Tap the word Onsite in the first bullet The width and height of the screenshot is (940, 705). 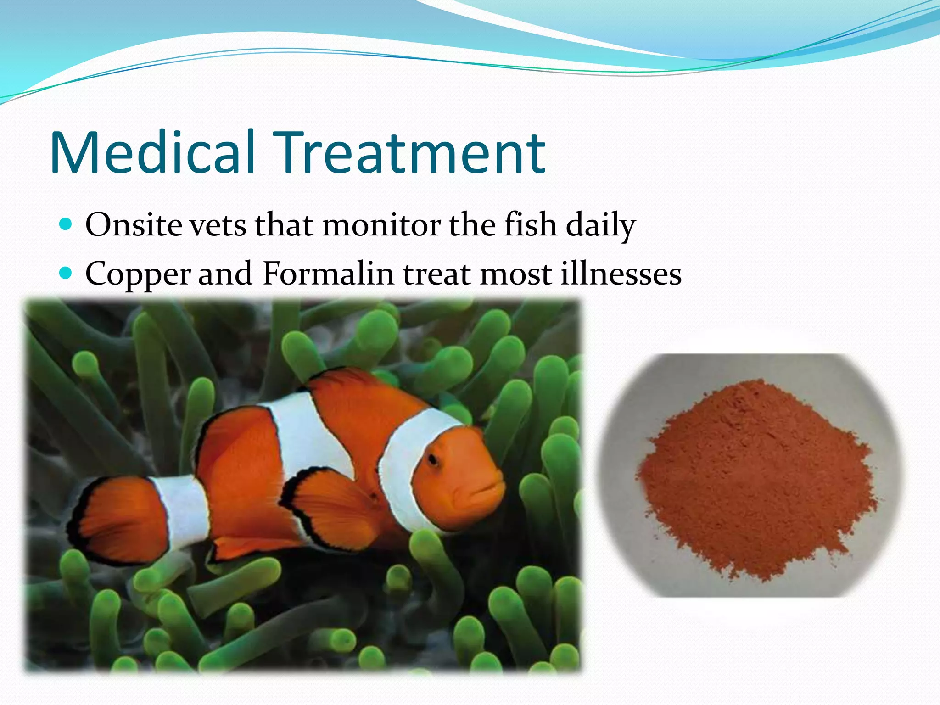134,225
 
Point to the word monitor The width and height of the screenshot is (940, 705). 381,225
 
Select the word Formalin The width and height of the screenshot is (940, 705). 328,274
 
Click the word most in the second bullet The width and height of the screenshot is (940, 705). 516,274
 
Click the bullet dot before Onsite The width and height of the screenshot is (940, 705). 67,224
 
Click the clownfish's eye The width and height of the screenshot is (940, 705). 432,459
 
